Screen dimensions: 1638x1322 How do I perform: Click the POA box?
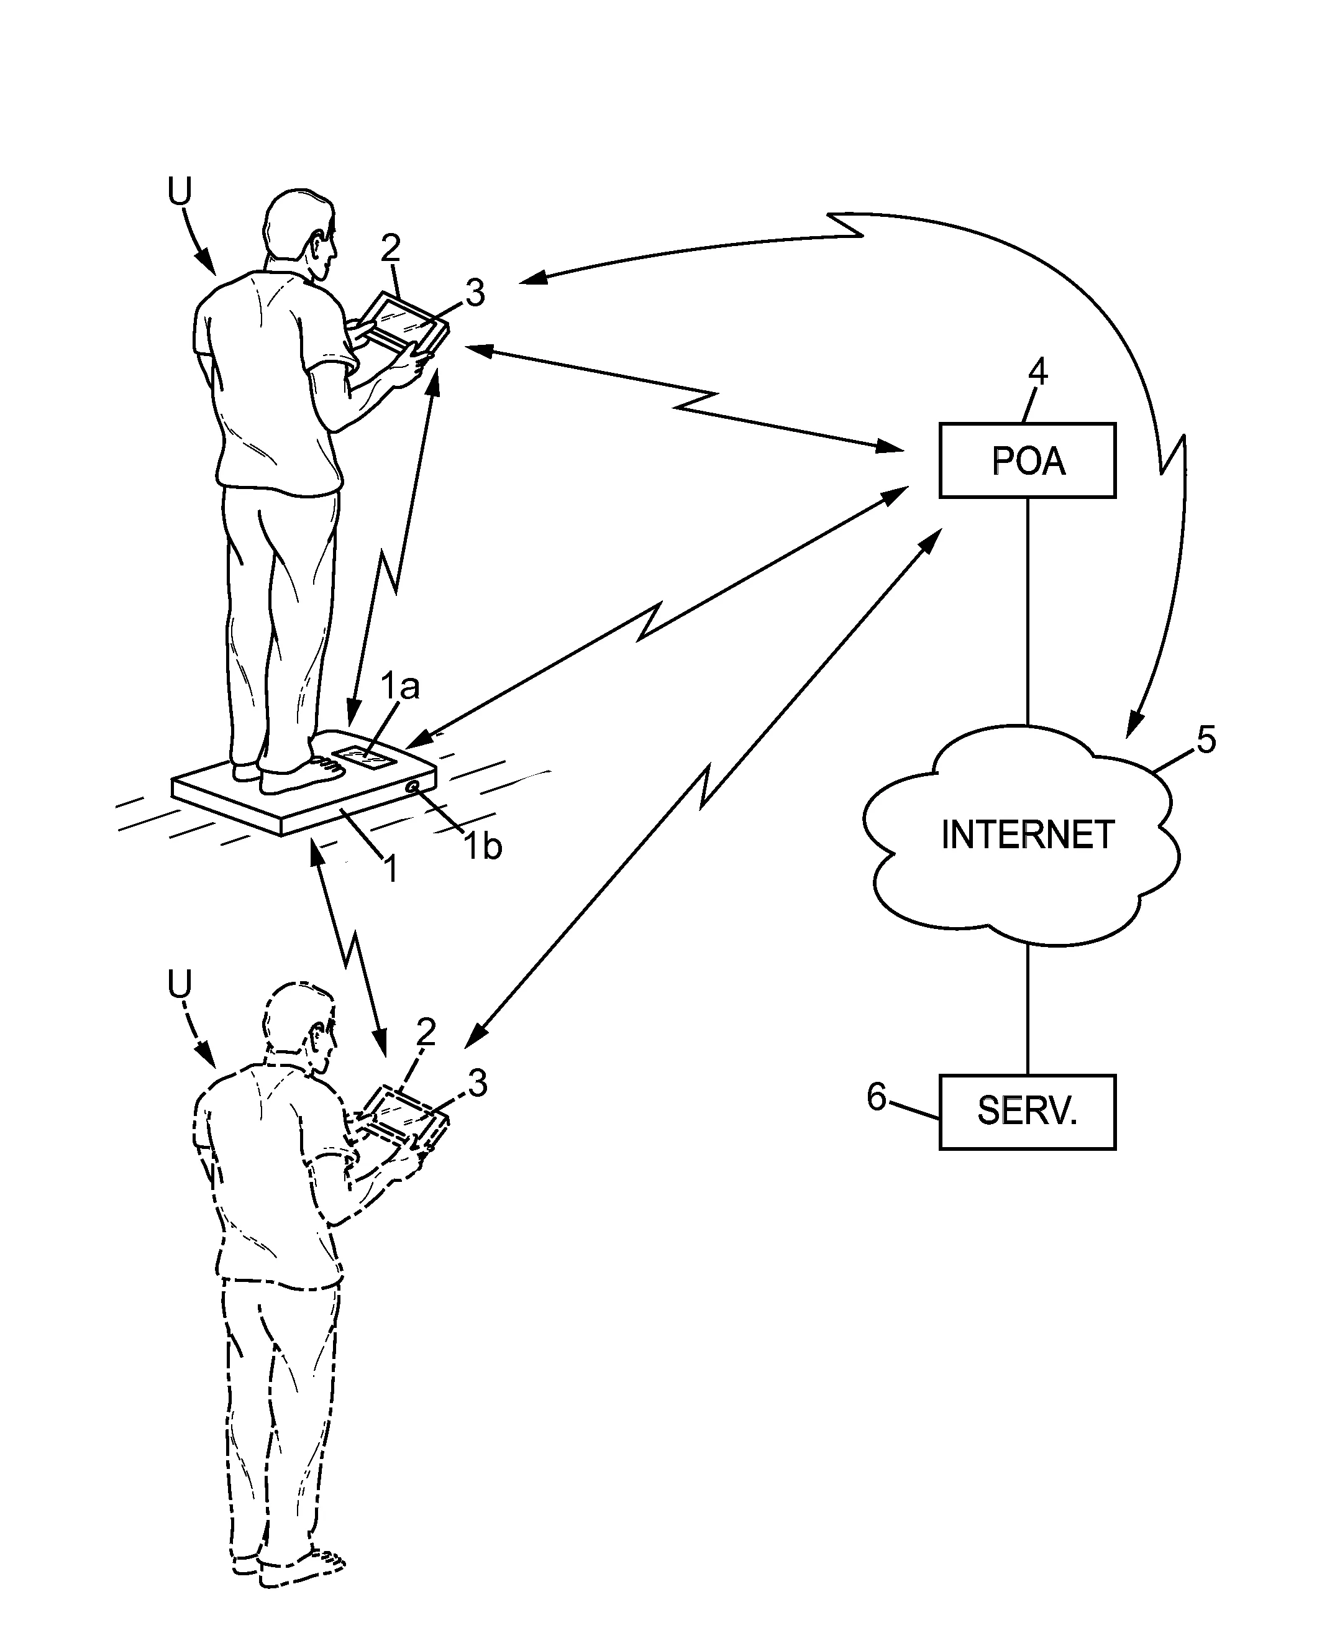pyautogui.click(x=1028, y=460)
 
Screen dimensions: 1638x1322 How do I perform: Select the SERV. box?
pyautogui.click(x=1028, y=1112)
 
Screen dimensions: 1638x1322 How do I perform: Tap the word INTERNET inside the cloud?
pyautogui.click(x=1028, y=835)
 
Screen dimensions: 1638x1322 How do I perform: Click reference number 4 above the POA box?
pyautogui.click(x=1038, y=373)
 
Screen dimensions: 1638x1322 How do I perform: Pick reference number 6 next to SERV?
pyautogui.click(x=877, y=1097)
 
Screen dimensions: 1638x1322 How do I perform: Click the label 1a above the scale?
pyautogui.click(x=401, y=687)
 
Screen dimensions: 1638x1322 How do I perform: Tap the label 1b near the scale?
pyautogui.click(x=483, y=846)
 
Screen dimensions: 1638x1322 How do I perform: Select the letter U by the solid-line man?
pyautogui.click(x=180, y=192)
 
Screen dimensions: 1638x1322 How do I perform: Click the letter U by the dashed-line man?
pyautogui.click(x=180, y=986)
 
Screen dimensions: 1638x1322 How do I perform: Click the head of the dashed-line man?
pyautogui.click(x=299, y=1020)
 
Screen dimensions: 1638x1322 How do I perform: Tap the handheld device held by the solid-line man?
pyautogui.click(x=404, y=323)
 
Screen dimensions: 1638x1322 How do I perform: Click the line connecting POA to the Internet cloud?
pyautogui.click(x=1028, y=609)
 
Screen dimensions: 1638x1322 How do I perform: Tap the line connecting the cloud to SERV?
pyautogui.click(x=1028, y=1009)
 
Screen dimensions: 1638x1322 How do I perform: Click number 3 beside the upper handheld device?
pyautogui.click(x=475, y=293)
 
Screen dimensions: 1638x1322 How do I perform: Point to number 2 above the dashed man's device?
pyautogui.click(x=426, y=1032)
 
